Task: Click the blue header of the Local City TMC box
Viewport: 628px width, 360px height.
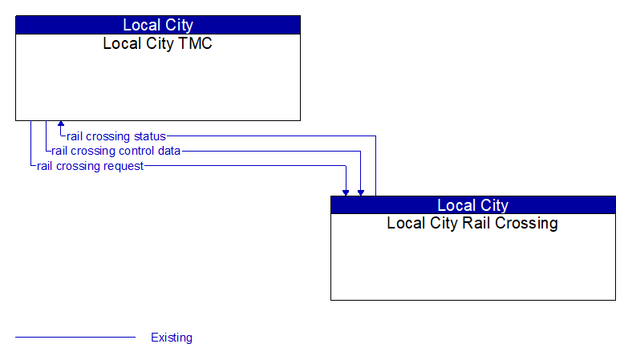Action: point(157,25)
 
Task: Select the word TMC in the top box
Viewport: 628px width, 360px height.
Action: point(196,44)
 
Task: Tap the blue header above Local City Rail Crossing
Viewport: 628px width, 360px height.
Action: point(472,204)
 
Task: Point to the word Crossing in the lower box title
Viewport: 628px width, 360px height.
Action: point(528,223)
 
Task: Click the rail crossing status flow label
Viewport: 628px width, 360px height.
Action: point(116,136)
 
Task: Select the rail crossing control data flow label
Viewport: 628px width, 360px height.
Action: point(115,151)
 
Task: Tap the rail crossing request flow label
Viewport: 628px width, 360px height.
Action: point(90,166)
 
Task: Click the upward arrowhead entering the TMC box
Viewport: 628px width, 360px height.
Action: point(60,125)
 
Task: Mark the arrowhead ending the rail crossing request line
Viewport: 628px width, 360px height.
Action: point(346,192)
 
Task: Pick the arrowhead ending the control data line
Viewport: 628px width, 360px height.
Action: point(361,192)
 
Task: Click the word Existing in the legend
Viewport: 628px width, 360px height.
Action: point(172,338)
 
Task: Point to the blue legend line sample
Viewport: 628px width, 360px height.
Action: point(75,338)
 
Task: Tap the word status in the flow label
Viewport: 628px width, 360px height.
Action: point(149,136)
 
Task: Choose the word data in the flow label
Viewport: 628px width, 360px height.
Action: point(168,151)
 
